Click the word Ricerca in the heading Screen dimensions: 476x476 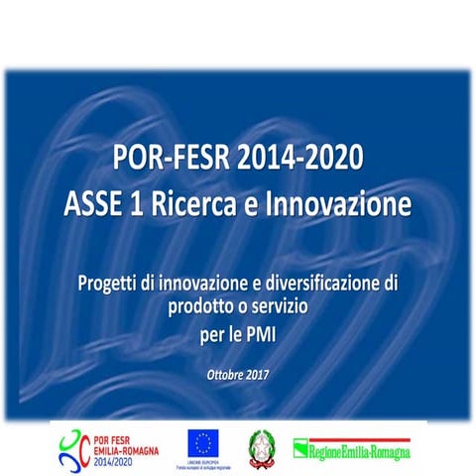[x=214, y=205]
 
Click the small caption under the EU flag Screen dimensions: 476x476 [x=203, y=463]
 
